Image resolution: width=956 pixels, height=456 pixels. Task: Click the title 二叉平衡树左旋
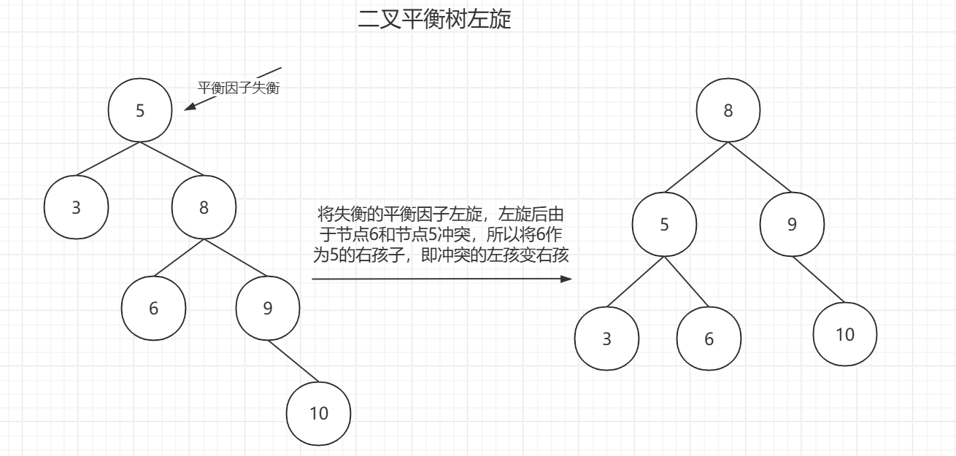coord(435,19)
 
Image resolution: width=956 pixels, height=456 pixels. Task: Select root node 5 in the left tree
coord(140,110)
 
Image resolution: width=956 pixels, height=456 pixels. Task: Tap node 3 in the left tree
coord(76,207)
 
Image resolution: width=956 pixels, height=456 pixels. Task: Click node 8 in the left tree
coord(204,207)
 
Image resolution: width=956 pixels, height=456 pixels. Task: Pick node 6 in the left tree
coord(153,308)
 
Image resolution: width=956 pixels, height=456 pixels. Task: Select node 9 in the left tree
coord(268,308)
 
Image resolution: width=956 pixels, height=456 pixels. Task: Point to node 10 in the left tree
coord(319,413)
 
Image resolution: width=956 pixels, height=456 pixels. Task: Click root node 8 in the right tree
coord(728,110)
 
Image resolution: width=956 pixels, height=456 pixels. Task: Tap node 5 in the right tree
coord(664,224)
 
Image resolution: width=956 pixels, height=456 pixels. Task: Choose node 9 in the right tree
coord(793,224)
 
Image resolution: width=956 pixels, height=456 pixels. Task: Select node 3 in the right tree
coord(606,339)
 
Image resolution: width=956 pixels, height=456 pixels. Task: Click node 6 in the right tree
coord(709,339)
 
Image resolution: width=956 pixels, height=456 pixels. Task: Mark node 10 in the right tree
coord(845,334)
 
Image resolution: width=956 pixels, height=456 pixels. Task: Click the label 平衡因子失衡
coord(239,88)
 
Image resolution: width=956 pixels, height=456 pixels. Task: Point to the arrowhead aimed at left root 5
coord(189,107)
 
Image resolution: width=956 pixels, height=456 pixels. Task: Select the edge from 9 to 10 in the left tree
coord(293,361)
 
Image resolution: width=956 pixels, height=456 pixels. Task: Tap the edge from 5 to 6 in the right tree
coord(686,281)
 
